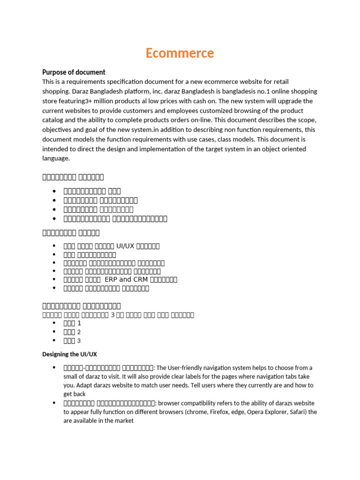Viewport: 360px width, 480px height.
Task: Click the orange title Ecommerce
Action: point(180,53)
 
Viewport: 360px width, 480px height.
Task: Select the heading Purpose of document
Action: point(74,72)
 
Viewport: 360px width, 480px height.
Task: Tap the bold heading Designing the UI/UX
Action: point(69,354)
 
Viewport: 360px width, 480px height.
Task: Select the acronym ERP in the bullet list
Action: point(112,279)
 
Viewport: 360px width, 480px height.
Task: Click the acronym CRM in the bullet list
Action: point(140,279)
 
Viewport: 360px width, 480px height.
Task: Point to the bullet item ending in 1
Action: point(72,323)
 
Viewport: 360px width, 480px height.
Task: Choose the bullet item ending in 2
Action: point(72,332)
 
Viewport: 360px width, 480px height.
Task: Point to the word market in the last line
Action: point(124,421)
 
